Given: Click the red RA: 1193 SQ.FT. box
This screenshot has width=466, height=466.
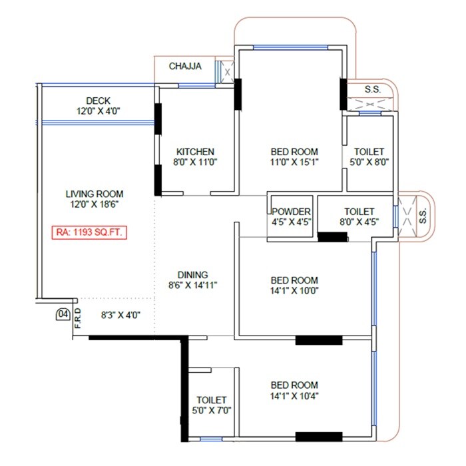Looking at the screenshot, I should coord(89,233).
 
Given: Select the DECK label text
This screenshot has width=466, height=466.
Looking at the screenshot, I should coord(98,101).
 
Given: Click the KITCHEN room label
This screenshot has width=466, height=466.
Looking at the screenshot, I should coord(195,151).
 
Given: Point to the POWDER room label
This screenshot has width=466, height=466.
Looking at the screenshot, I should coord(292,211).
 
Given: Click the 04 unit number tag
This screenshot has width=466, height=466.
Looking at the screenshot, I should coord(63,314).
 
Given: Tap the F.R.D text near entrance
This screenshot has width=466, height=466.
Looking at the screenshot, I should coord(78,318).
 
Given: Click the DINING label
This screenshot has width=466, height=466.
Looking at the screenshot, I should coord(192,274).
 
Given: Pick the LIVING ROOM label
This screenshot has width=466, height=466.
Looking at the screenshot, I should coord(95,194).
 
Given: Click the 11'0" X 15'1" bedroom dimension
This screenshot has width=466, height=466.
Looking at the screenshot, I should coord(294,162).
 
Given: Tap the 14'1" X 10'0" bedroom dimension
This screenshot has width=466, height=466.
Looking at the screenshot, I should coord(294,292).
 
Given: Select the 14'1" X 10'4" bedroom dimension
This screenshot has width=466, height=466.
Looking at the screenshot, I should coord(294,396).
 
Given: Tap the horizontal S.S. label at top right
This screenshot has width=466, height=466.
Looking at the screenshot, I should coord(373,89).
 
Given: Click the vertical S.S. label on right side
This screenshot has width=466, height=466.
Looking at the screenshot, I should coord(422,216).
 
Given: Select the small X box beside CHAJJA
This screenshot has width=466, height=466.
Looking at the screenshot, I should coord(228,71).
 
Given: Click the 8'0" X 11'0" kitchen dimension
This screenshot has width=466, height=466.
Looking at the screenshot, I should coord(195,162).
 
